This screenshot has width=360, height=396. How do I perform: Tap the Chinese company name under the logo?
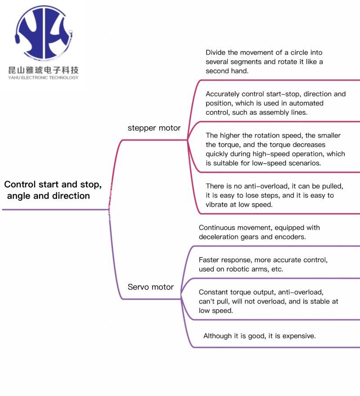point(43,70)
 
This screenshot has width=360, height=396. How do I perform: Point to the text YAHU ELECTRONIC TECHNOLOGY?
point(43,77)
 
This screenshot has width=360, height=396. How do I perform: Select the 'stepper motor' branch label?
point(154,128)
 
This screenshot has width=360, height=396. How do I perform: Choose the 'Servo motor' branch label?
point(150,287)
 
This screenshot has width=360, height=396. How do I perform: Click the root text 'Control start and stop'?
point(53,185)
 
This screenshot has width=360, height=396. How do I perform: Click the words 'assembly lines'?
point(286,113)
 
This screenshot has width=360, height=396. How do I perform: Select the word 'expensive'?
point(299,336)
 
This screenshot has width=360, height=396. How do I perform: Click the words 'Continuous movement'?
point(229,228)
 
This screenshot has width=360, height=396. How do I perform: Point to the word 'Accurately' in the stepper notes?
point(223,94)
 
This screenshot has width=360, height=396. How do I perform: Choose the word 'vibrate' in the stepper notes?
point(218,205)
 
